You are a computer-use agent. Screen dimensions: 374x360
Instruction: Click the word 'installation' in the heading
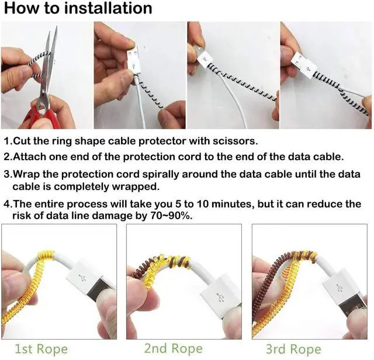point(108,8)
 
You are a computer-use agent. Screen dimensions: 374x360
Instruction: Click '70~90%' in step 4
point(171,216)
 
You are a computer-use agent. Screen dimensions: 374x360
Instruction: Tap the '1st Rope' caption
point(41,349)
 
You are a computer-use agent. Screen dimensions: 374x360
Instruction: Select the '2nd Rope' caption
point(173,348)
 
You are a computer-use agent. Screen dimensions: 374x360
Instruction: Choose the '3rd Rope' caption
point(293,349)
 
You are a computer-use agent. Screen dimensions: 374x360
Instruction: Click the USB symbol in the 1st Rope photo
point(82,278)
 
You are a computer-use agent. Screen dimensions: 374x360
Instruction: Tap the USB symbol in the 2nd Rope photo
point(220,297)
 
